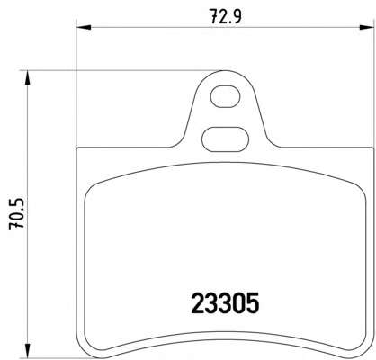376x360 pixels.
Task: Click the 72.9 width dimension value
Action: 225,16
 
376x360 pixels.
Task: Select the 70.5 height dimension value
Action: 16,214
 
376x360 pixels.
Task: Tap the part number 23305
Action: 225,303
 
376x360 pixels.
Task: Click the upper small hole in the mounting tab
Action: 226,97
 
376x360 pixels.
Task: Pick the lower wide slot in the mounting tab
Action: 225,139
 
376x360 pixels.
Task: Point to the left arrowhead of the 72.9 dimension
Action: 84,28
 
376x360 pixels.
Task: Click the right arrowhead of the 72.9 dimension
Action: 367,28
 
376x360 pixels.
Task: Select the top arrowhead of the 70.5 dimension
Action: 27,77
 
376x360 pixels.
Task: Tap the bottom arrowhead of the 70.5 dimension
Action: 27,351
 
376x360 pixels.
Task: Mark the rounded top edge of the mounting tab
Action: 225,71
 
